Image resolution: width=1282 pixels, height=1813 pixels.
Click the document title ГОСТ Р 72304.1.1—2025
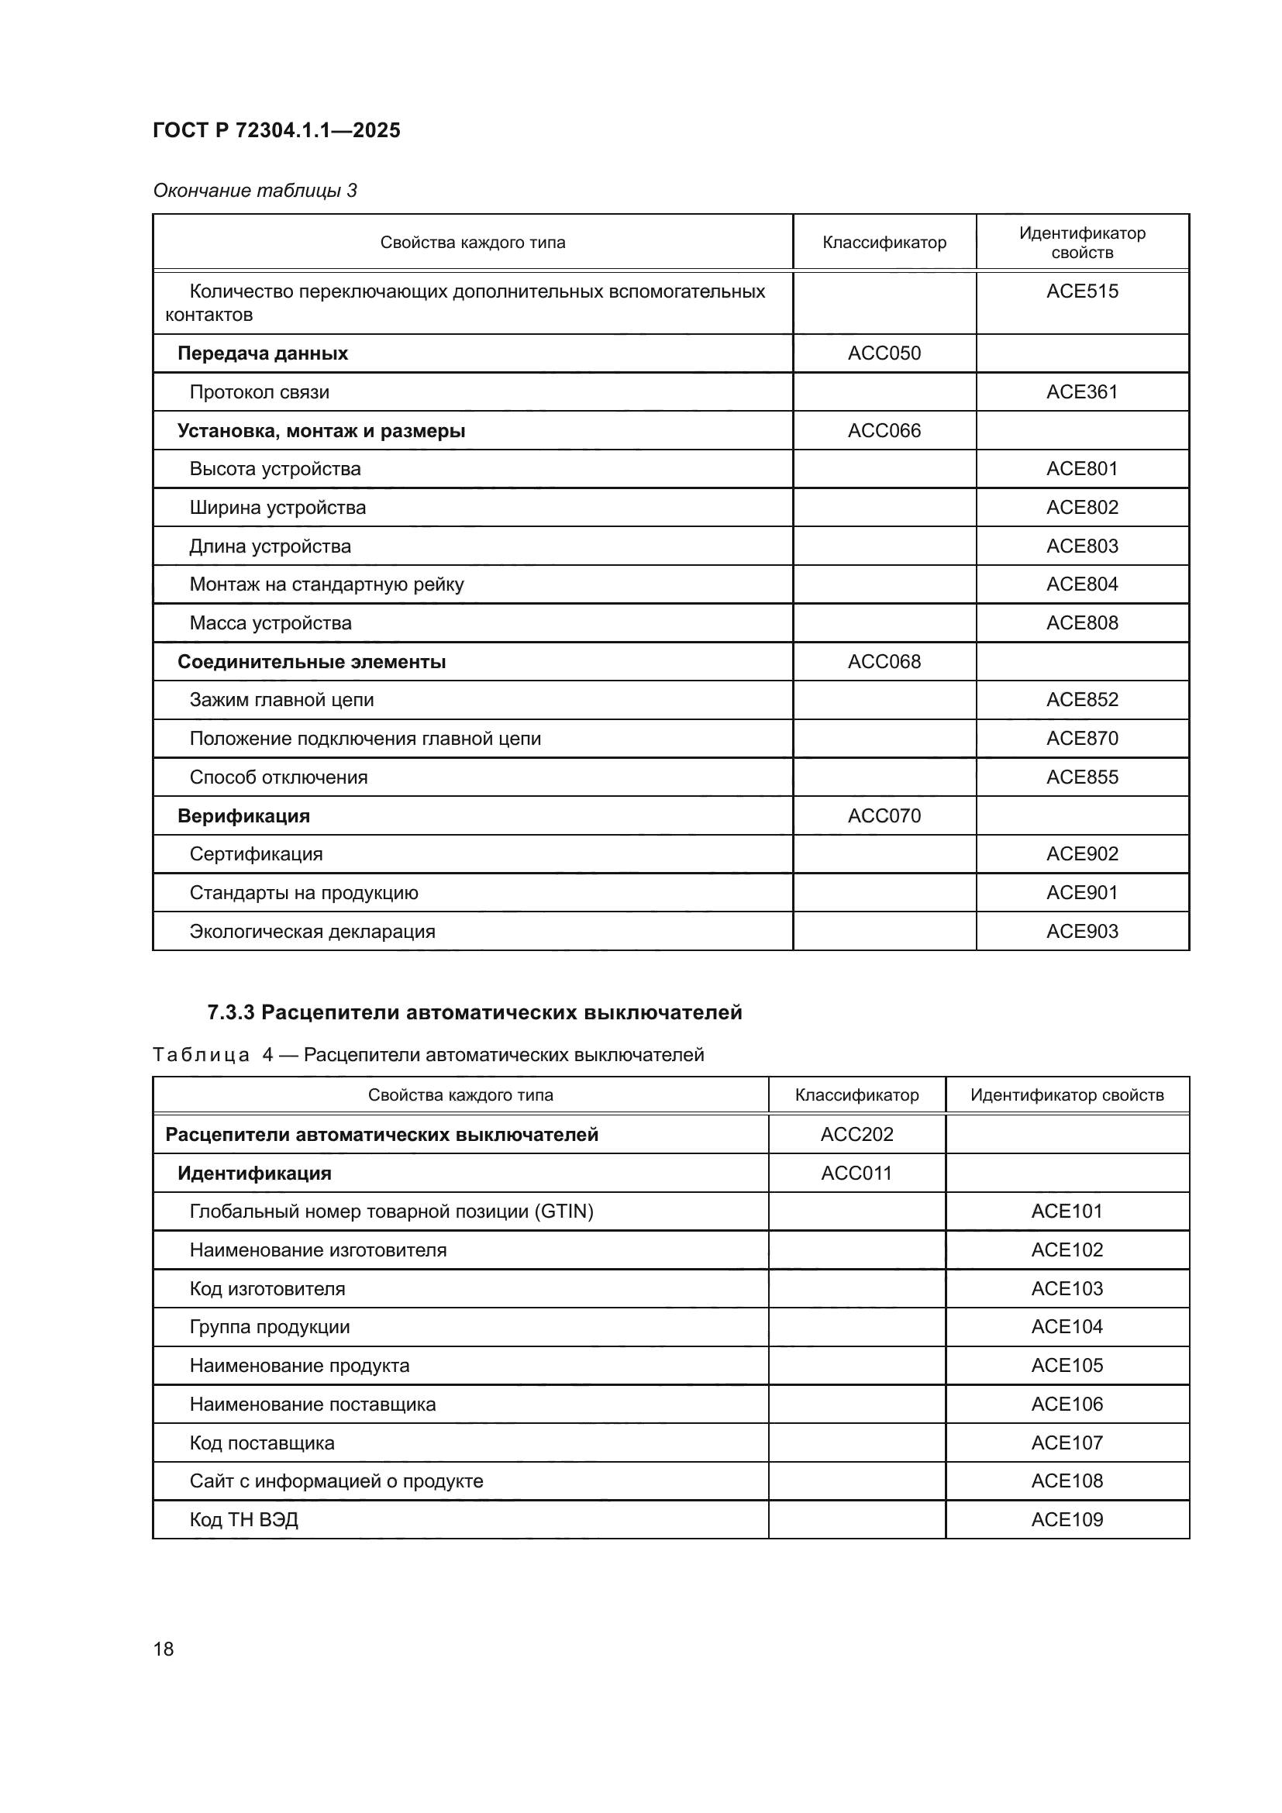pos(276,130)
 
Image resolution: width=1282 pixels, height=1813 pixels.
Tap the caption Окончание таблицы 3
pos(254,191)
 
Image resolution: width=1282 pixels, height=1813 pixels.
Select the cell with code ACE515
pos(1081,291)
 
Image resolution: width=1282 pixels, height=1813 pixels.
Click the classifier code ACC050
pos(884,353)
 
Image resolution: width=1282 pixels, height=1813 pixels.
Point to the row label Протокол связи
pos(259,392)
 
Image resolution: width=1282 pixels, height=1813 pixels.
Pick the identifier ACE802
pos(1081,508)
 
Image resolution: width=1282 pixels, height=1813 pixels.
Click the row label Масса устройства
pos(270,623)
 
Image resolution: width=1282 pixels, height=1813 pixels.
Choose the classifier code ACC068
pos(884,662)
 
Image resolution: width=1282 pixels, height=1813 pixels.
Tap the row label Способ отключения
pos(278,777)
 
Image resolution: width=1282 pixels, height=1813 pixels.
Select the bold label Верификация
pos(243,815)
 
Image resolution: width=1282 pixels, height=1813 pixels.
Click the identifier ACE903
pos(1081,932)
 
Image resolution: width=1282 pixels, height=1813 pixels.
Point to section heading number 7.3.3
pos(230,1013)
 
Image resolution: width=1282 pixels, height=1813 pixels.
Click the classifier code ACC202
pos(856,1135)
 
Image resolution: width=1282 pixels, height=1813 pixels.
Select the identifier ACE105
pos(1067,1365)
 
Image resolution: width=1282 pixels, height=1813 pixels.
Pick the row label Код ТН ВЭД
pos(243,1519)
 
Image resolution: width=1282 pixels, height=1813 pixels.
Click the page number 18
pos(164,1649)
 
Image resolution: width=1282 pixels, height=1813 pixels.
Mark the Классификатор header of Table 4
pos(856,1095)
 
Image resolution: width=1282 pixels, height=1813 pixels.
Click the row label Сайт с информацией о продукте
pos(336,1480)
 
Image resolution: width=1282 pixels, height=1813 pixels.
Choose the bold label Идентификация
pos(254,1174)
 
